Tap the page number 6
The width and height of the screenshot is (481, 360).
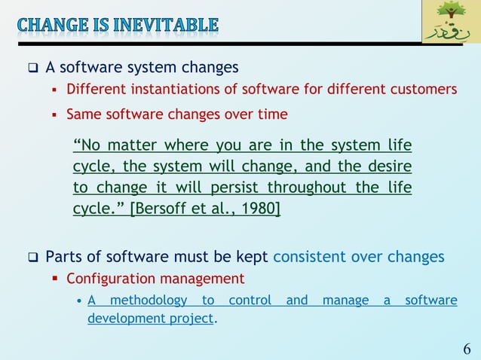click(x=467, y=349)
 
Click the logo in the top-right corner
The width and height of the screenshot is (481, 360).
click(x=450, y=22)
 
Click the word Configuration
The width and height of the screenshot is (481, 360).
click(x=106, y=279)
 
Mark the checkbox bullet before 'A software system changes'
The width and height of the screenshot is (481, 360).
click(x=32, y=68)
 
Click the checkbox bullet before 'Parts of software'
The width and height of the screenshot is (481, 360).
click(x=32, y=258)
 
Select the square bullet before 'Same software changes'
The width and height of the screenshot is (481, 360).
click(x=54, y=115)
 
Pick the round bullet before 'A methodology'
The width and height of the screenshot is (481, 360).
click(x=79, y=301)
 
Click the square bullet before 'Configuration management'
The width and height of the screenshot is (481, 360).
click(x=54, y=279)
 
